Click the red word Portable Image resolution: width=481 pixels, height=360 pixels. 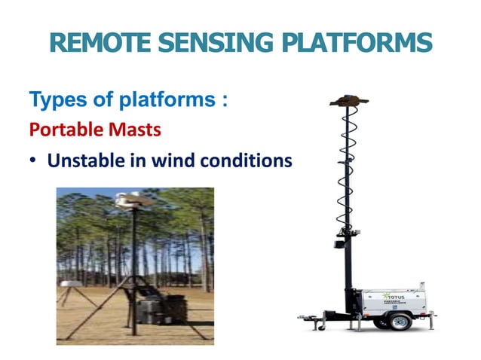click(63, 130)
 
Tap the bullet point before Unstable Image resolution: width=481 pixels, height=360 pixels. click(34, 161)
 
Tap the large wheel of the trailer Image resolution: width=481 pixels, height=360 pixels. click(400, 322)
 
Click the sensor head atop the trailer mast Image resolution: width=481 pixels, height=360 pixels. click(349, 101)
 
